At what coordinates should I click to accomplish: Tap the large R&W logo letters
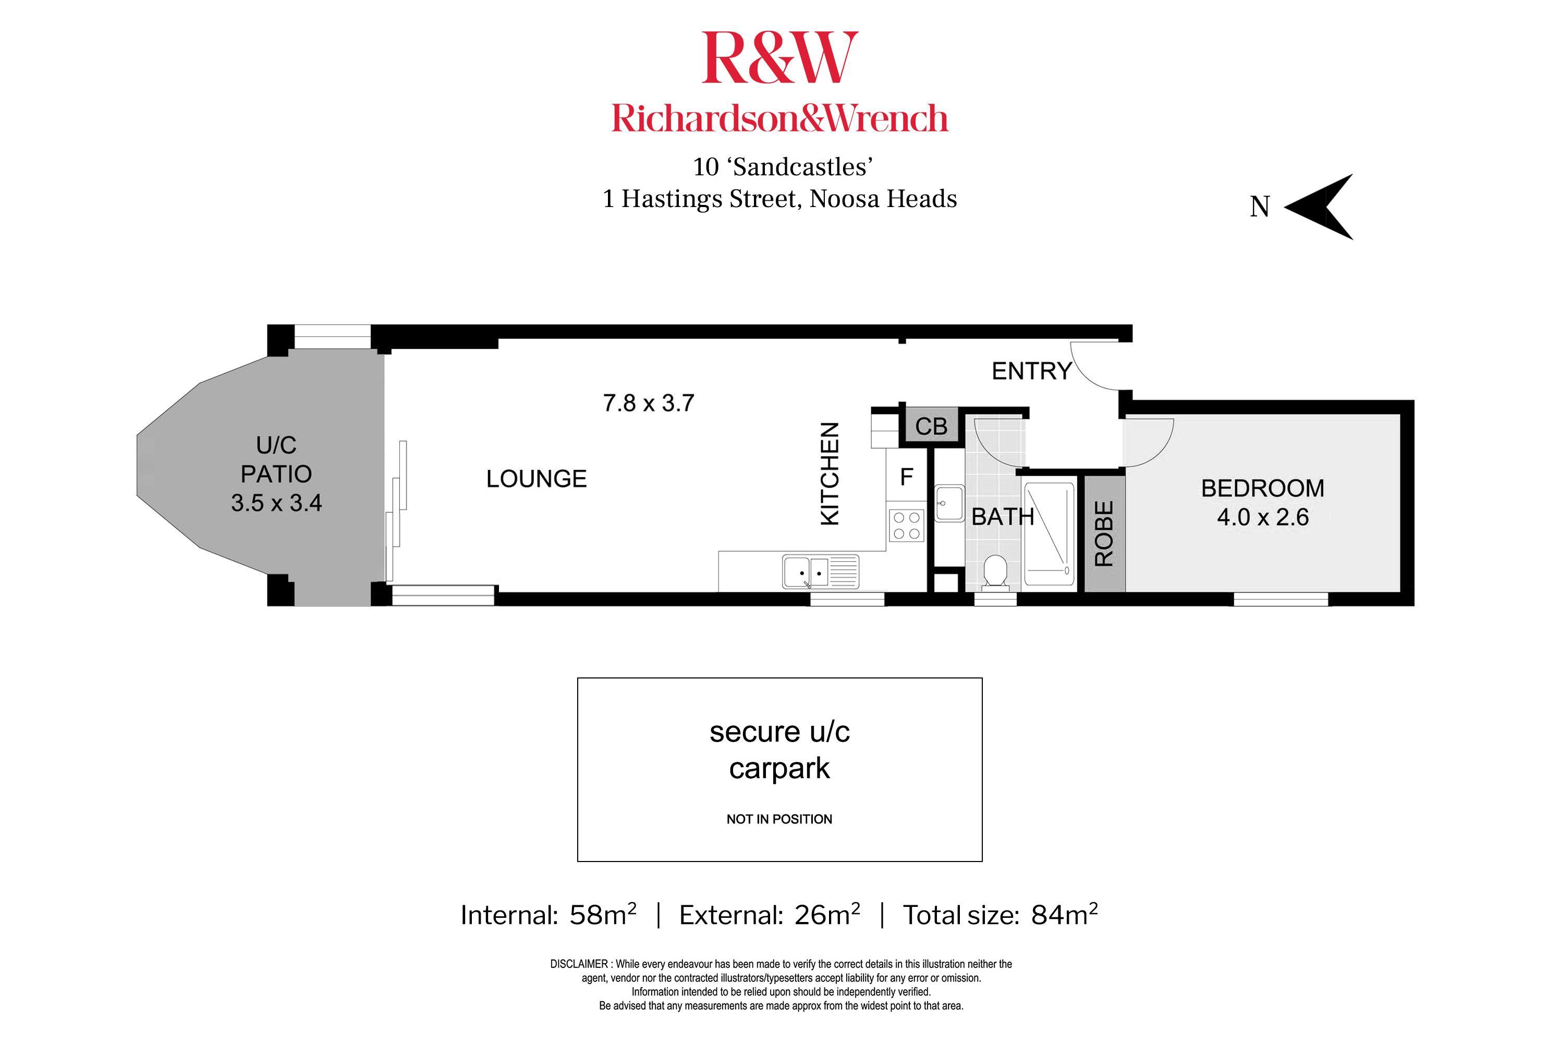(779, 58)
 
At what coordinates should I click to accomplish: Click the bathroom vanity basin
(949, 503)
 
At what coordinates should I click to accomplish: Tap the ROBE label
(1104, 533)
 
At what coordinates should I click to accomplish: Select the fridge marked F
(906, 477)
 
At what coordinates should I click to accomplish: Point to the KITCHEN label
(830, 474)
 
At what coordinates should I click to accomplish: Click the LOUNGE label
(536, 479)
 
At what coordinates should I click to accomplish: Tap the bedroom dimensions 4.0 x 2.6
(1262, 517)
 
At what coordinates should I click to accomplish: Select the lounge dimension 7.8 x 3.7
(648, 403)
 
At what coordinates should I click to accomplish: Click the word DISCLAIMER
(579, 964)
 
